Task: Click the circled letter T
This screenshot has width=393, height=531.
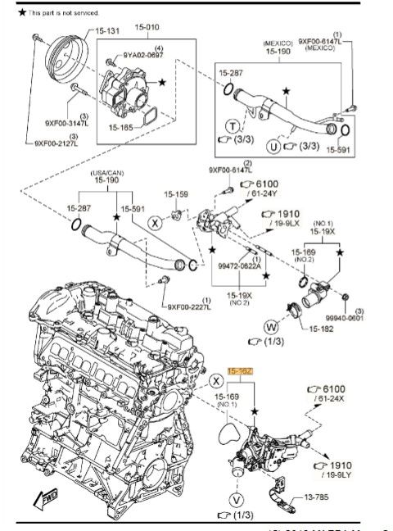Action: (234, 126)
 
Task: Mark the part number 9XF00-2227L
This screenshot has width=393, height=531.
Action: (190, 307)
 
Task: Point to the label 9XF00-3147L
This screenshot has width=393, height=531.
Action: (68, 124)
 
